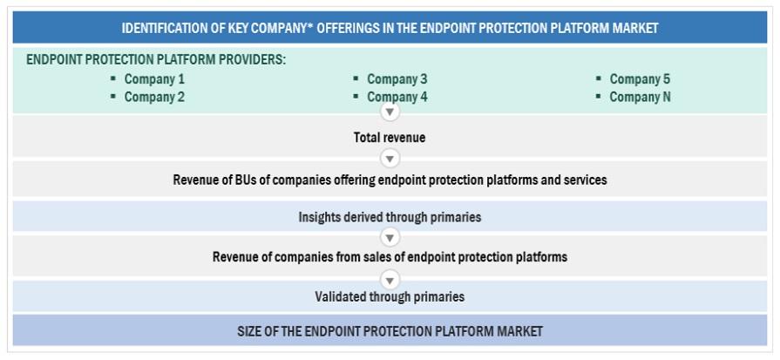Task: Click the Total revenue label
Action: [390, 137]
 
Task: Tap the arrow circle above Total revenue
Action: [390, 112]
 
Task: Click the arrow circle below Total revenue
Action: [390, 159]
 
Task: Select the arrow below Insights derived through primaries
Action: [390, 236]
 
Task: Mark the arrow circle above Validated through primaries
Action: [390, 278]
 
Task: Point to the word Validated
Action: [340, 297]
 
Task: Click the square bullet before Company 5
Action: [599, 78]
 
